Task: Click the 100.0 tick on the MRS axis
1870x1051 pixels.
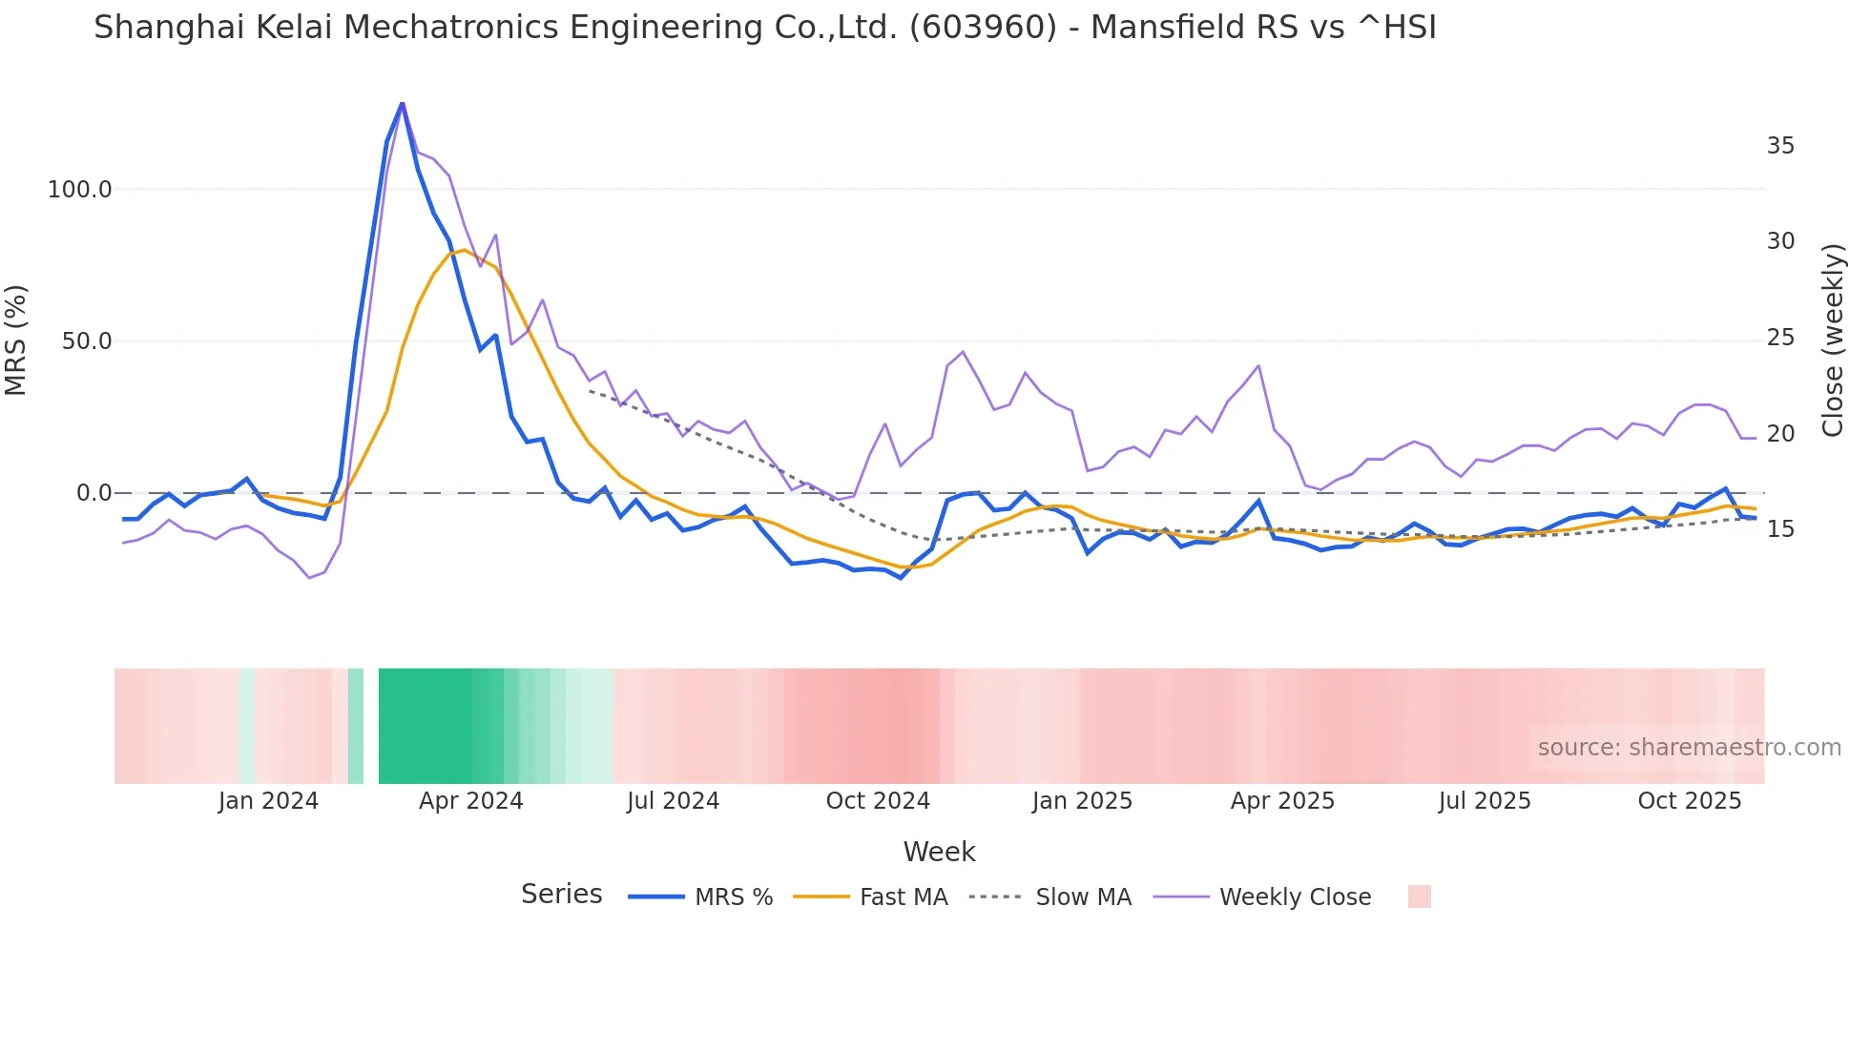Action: (79, 190)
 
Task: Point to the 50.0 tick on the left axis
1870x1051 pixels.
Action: (86, 341)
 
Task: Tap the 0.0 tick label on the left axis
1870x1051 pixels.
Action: (93, 493)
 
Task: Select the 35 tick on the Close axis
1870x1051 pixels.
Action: (1780, 146)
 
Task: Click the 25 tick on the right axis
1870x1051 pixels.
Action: (1780, 338)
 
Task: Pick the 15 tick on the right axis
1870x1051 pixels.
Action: (1780, 529)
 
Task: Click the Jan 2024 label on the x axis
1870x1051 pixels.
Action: (268, 801)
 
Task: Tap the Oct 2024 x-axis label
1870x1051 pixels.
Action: (878, 801)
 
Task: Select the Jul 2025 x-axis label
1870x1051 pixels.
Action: (1485, 801)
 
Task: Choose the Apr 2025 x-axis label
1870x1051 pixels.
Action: (1282, 801)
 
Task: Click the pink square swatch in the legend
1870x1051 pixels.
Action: (1419, 896)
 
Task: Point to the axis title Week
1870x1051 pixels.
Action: (939, 852)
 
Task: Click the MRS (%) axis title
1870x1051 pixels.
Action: (16, 340)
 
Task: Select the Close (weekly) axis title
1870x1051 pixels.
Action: (1832, 340)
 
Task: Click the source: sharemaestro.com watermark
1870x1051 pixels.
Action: (1689, 748)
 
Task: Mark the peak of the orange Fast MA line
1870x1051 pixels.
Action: (465, 250)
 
